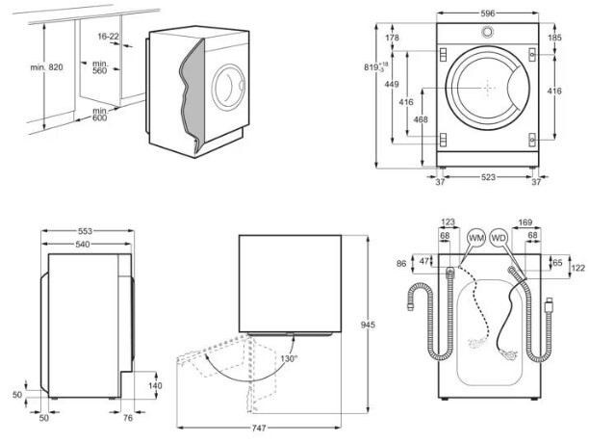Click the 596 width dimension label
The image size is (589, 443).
pyautogui.click(x=488, y=13)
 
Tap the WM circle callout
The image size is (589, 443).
pyautogui.click(x=476, y=238)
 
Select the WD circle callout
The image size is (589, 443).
pyautogui.click(x=499, y=238)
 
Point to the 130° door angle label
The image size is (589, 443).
pyautogui.click(x=289, y=359)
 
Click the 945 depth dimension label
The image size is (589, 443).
pyautogui.click(x=368, y=325)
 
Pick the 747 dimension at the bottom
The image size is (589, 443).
pyautogui.click(x=259, y=428)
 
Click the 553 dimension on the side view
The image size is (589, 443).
pyautogui.click(x=86, y=231)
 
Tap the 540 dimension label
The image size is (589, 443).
pyautogui.click(x=83, y=245)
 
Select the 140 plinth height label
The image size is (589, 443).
pyautogui.click(x=155, y=385)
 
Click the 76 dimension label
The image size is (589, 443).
pyautogui.click(x=128, y=418)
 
